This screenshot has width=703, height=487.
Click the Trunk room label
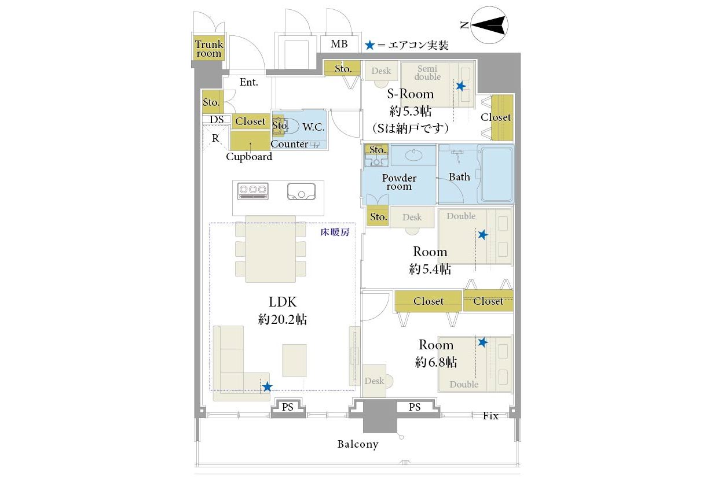tap(208, 49)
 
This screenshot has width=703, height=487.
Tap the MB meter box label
tap(339, 44)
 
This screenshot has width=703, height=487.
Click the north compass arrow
tap(488, 25)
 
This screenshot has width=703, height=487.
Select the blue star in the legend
tap(369, 45)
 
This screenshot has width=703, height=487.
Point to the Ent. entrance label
tap(248, 82)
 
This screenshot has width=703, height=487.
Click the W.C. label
tap(313, 127)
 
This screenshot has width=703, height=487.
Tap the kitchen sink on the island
tap(301, 191)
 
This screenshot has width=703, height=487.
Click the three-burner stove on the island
tap(253, 191)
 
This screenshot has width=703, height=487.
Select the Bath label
tap(459, 177)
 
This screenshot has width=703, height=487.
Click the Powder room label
tap(399, 182)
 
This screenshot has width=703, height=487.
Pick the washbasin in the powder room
tap(413, 155)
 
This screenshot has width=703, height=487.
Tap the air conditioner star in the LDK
tap(267, 386)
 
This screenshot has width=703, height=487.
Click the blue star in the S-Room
tap(461, 86)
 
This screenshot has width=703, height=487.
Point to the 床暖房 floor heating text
tap(335, 232)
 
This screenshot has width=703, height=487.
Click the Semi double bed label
tap(427, 73)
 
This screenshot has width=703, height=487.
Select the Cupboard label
tap(249, 157)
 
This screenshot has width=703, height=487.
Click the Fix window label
tap(490, 416)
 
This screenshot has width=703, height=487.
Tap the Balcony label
tap(358, 444)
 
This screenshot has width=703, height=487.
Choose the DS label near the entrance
tap(217, 119)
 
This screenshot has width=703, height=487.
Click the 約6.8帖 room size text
tap(435, 362)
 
